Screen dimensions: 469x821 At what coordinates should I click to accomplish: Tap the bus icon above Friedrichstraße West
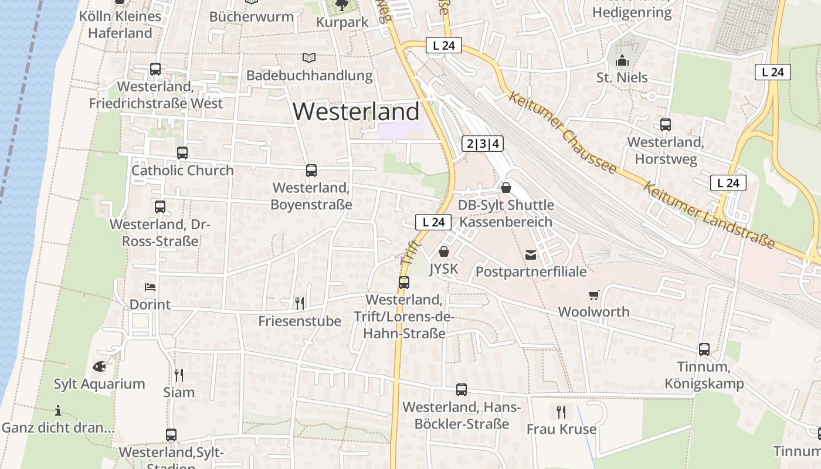pyautogui.click(x=155, y=69)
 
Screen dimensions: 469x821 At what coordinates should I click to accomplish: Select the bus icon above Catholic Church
pyautogui.click(x=182, y=153)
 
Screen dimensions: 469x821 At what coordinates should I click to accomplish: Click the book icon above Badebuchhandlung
pyautogui.click(x=309, y=57)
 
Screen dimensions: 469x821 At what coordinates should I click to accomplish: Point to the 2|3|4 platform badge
pyautogui.click(x=483, y=144)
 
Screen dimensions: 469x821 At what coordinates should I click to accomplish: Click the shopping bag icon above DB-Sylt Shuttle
pyautogui.click(x=506, y=188)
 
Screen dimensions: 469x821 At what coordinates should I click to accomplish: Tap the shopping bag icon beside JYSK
pyautogui.click(x=444, y=252)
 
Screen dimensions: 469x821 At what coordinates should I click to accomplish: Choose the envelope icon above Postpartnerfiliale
pyautogui.click(x=531, y=254)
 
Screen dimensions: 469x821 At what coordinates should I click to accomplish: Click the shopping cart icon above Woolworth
pyautogui.click(x=594, y=295)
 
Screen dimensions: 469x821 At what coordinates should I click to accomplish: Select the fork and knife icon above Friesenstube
pyautogui.click(x=300, y=303)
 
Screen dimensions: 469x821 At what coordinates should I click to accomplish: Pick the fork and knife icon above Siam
pyautogui.click(x=179, y=375)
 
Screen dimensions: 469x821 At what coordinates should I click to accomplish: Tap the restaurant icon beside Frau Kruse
pyautogui.click(x=561, y=412)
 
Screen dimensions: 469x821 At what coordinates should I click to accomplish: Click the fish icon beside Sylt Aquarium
pyautogui.click(x=100, y=366)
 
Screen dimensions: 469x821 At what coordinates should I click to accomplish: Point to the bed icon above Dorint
pyautogui.click(x=150, y=287)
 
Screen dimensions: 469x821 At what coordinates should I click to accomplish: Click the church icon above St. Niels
pyautogui.click(x=622, y=60)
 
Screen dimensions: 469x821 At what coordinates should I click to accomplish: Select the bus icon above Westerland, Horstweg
pyautogui.click(x=666, y=125)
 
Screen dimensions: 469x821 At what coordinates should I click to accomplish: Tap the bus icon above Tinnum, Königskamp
pyautogui.click(x=704, y=349)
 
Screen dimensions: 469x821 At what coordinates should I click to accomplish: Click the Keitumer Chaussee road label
pyautogui.click(x=562, y=132)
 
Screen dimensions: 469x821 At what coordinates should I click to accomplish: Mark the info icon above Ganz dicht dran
pyautogui.click(x=58, y=410)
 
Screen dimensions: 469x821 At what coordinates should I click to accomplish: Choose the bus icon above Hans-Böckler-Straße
pyautogui.click(x=462, y=390)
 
